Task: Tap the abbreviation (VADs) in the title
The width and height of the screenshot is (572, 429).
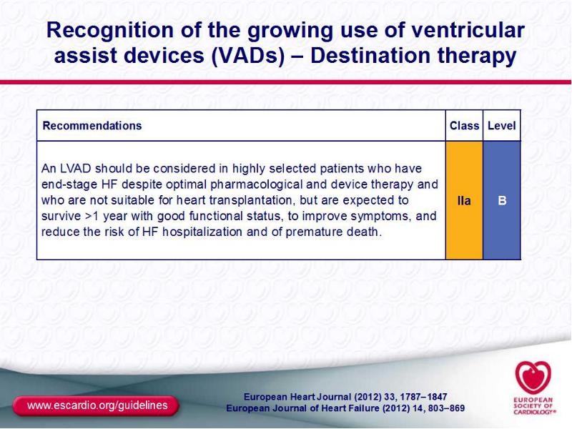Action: [247, 56]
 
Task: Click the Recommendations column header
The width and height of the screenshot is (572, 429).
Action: [92, 126]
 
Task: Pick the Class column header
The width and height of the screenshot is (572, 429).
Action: [464, 126]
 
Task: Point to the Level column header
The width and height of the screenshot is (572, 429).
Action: [502, 126]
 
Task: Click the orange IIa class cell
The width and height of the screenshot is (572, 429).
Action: [464, 200]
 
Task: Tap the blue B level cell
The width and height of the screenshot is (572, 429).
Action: [502, 200]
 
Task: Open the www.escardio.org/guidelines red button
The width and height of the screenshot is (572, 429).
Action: [96, 405]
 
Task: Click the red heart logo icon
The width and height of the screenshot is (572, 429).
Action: [533, 378]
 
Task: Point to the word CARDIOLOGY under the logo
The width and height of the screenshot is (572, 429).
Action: [534, 413]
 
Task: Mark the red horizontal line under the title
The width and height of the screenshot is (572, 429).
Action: [285, 82]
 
